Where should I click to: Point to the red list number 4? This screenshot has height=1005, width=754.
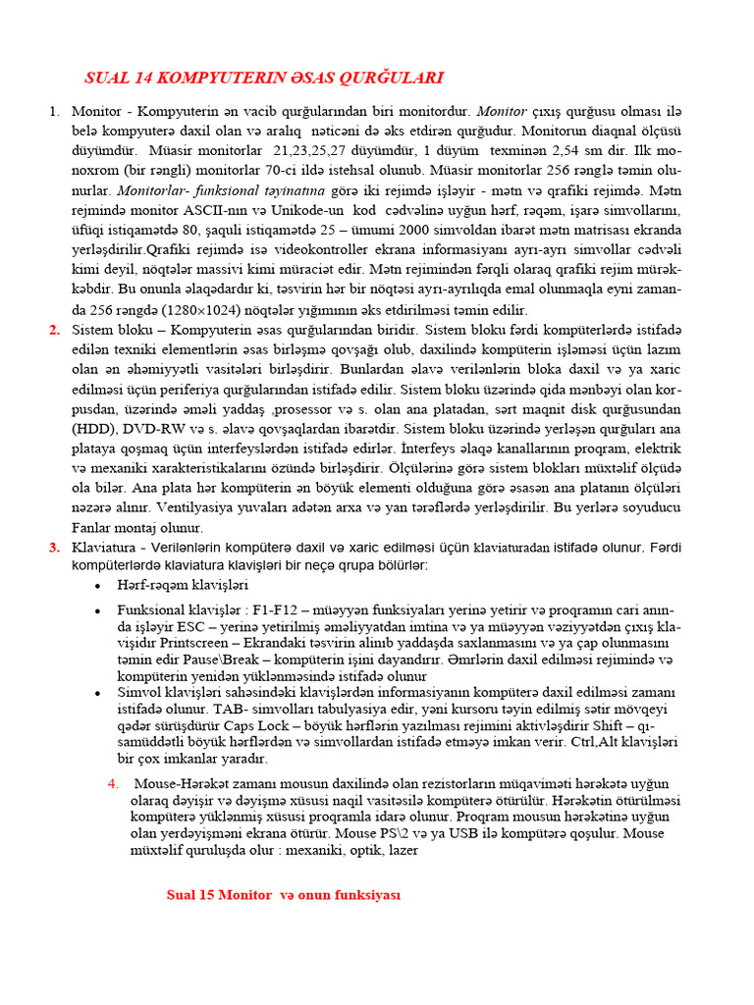(x=113, y=783)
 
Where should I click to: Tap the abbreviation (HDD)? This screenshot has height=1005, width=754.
(x=94, y=428)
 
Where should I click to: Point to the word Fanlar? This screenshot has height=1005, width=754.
(x=96, y=527)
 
